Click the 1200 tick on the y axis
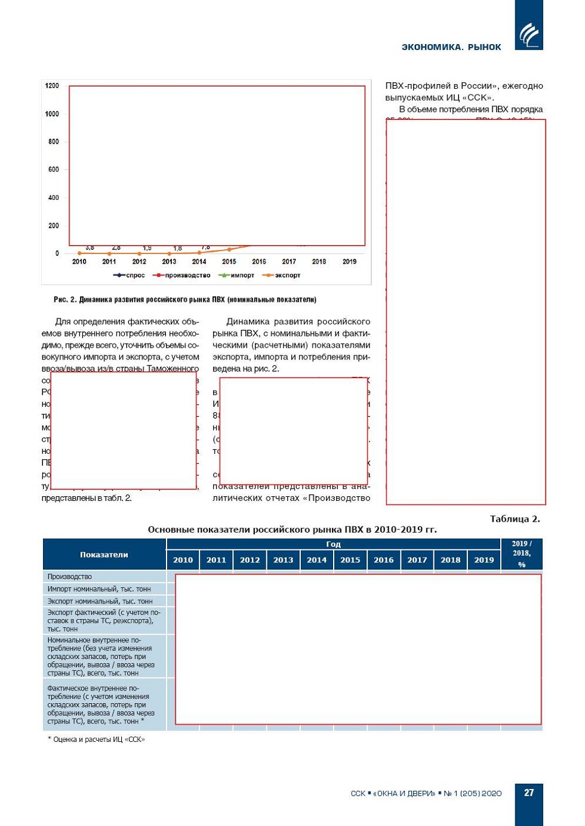point(52,86)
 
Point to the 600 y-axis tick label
point(54,169)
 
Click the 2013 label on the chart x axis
point(169,262)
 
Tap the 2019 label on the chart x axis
point(349,262)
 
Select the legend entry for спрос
point(130,276)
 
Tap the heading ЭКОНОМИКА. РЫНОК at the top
point(451,47)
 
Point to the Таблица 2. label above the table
point(515,519)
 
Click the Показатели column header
point(104,555)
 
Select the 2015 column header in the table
point(350,560)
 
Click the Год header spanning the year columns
point(333,544)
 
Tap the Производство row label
point(70,577)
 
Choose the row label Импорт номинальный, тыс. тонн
point(99,589)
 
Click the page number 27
point(529,793)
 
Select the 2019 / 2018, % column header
point(522,554)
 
